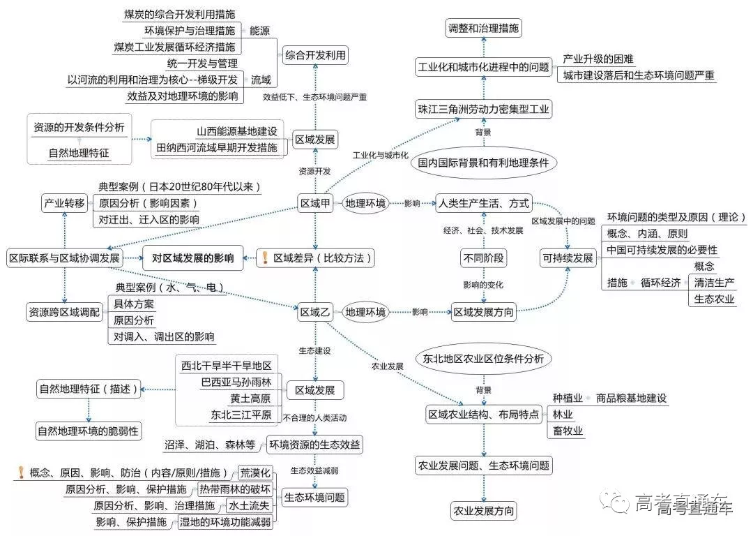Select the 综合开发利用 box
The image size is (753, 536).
pyautogui.click(x=315, y=55)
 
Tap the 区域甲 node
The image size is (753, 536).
pyautogui.click(x=314, y=204)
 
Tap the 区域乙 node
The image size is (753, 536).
pyautogui.click(x=314, y=312)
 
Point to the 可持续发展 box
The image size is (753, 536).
pyautogui.click(x=568, y=258)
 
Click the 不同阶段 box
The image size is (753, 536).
pyautogui.click(x=482, y=258)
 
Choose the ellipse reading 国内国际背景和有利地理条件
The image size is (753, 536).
pyautogui.click(x=483, y=163)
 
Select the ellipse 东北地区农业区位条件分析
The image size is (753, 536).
pyautogui.click(x=482, y=359)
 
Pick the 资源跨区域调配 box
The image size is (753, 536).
pyautogui.click(x=63, y=311)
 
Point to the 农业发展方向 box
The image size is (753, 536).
pyautogui.click(x=484, y=510)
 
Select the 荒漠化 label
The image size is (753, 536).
pyautogui.click(x=254, y=472)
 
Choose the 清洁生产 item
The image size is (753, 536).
pyautogui.click(x=713, y=283)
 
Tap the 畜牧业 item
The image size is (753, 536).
pyautogui.click(x=568, y=431)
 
